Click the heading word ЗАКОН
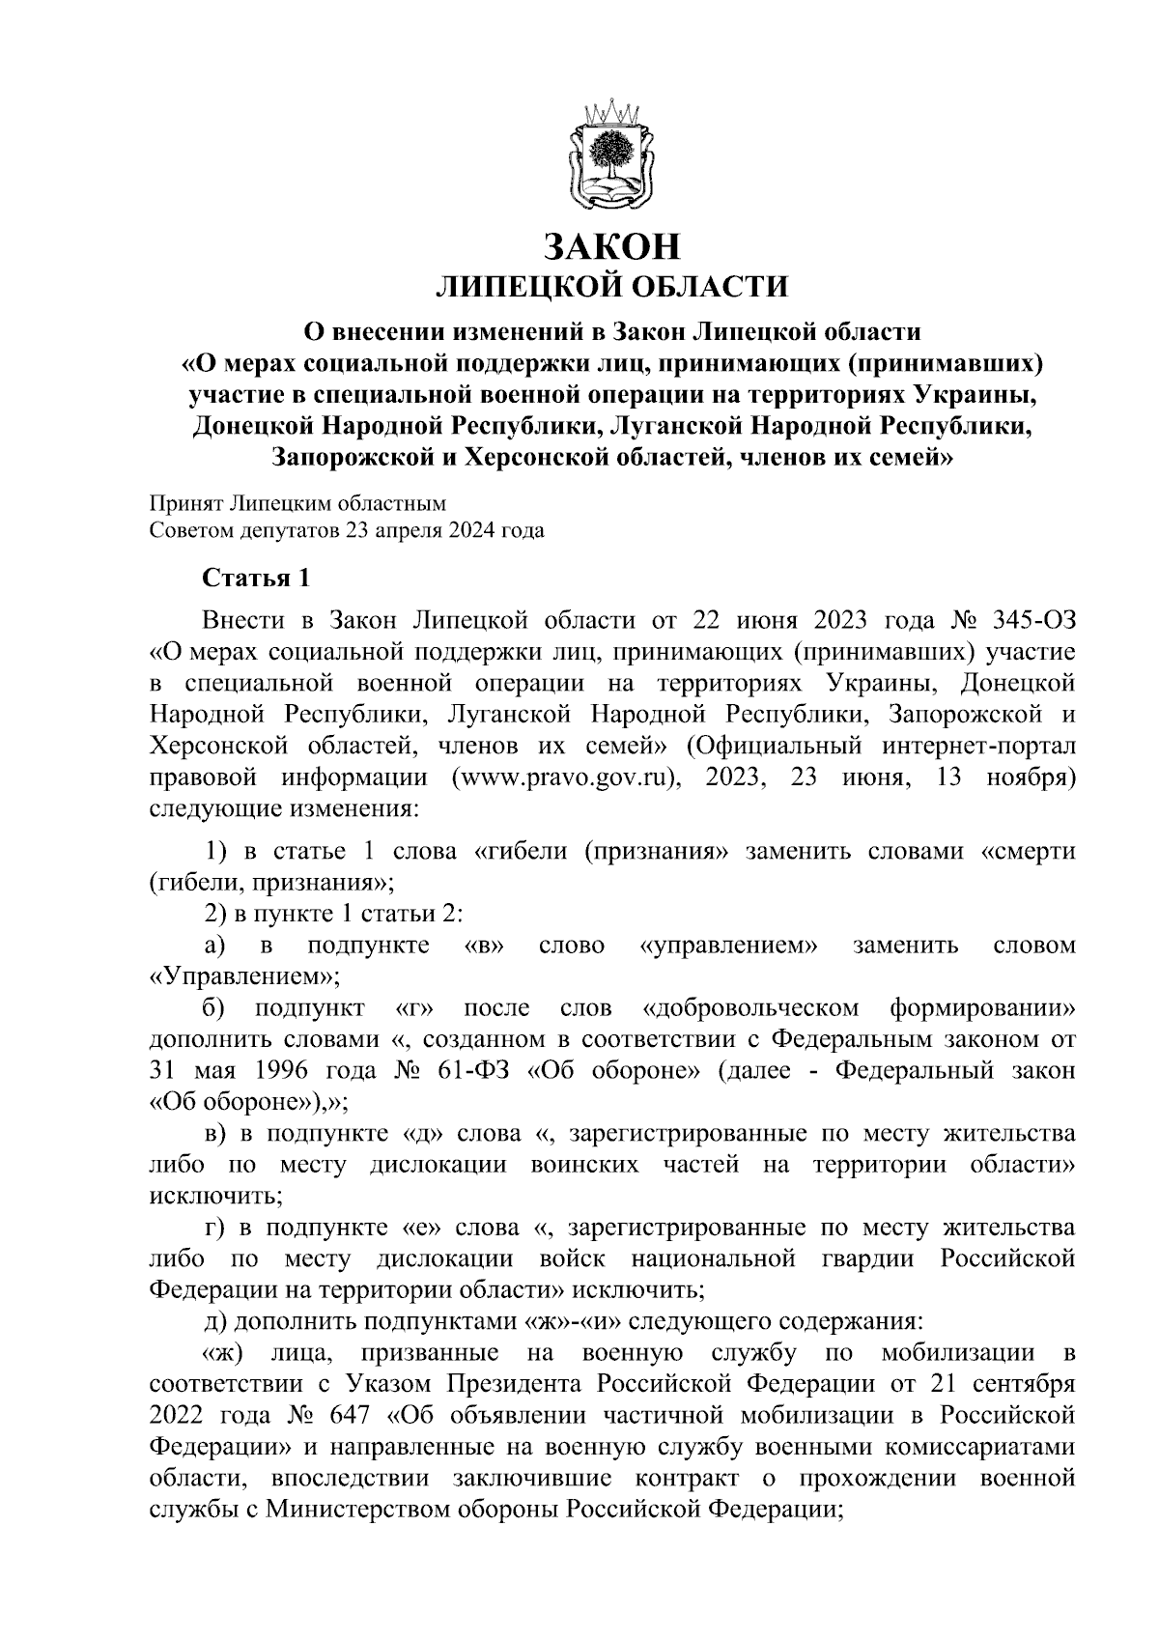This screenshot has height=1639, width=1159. (612, 246)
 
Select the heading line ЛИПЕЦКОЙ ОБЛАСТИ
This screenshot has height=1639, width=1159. (612, 287)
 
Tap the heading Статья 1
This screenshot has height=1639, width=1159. (256, 579)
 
